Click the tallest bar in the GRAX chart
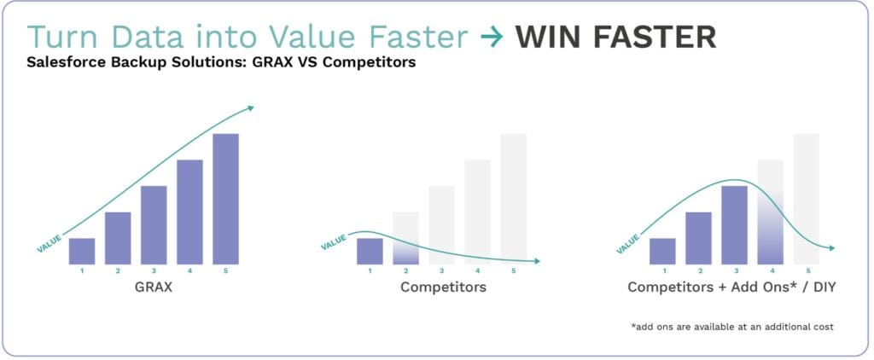pos(225,199)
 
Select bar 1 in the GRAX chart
pos(82,252)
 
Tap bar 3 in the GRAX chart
pos(154,225)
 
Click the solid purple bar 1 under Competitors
pos(370,252)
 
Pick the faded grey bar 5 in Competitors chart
pos(513,199)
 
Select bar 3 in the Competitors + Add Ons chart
pos(734,225)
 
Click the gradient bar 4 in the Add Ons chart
pos(771,212)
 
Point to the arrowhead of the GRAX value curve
pos(251,107)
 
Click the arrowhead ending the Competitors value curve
pos(538,261)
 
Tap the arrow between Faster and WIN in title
pos(492,38)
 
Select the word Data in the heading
pos(147,38)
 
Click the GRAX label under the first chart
pos(154,287)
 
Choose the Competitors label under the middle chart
pos(443,287)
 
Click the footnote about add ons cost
pos(732,327)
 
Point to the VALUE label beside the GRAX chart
pos(49,243)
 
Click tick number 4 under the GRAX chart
pos(190,271)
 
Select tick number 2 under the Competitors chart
pos(405,271)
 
